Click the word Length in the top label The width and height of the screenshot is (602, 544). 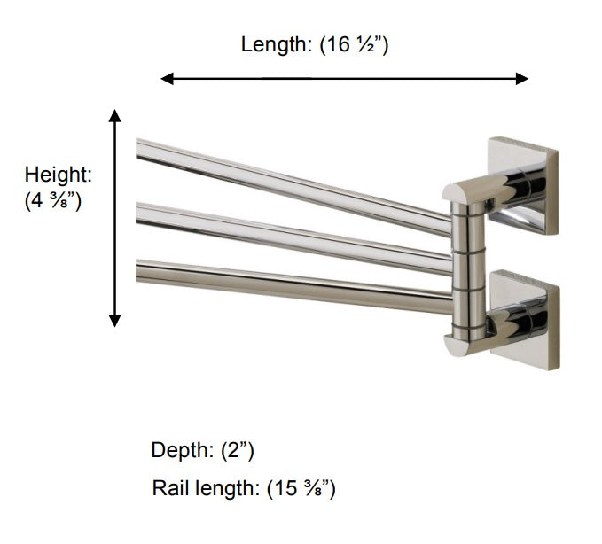point(274,45)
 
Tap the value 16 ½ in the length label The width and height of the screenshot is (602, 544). point(356,45)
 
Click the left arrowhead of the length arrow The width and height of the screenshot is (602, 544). point(166,79)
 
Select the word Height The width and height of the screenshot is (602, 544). point(57,175)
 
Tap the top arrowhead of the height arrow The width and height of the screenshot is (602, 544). point(114,115)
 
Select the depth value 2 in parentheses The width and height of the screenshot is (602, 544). point(238,451)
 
